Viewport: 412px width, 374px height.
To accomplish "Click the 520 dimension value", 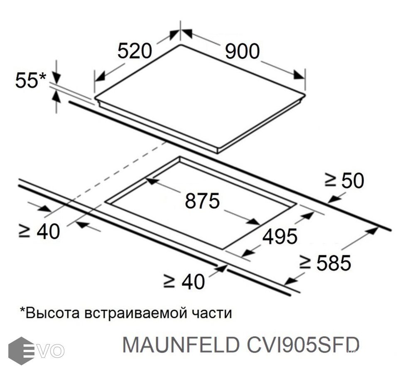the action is [135, 51].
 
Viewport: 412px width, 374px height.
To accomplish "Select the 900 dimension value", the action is [243, 51].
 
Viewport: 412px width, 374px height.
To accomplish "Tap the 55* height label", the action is [30, 80].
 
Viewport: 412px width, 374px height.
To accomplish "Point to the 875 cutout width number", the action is [202, 201].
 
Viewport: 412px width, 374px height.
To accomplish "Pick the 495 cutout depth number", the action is [280, 236].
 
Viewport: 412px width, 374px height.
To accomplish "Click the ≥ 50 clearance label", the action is [344, 180].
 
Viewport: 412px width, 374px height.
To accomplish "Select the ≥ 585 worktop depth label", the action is [325, 262].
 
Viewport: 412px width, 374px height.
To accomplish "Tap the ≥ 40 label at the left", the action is [39, 231].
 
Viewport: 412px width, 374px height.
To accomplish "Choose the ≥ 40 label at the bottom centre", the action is [184, 281].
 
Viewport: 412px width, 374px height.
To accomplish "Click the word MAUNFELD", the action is [181, 345].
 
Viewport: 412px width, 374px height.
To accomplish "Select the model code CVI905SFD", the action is [303, 345].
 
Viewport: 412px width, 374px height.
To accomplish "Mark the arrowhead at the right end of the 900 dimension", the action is [299, 75].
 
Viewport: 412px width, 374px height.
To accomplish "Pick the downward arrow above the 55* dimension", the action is [56, 76].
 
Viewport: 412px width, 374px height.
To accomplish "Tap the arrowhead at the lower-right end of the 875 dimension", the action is [253, 221].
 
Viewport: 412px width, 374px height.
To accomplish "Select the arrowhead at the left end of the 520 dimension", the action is [100, 76].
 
